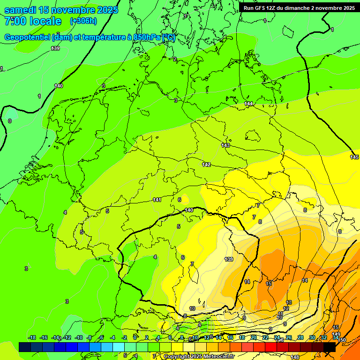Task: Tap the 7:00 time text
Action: click(14, 21)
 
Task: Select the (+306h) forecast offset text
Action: click(83, 21)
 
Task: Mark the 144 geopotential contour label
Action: click(248, 104)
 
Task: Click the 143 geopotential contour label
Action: click(225, 146)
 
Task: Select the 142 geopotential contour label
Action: click(206, 165)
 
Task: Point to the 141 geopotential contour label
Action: click(157, 200)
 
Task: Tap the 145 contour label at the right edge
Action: click(354, 157)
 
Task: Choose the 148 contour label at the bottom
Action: click(295, 357)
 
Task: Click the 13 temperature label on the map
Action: click(289, 302)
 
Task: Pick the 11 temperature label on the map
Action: click(280, 313)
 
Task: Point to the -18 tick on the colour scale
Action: click(32, 337)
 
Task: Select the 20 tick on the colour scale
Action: click(254, 337)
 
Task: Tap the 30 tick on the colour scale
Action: click(312, 337)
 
